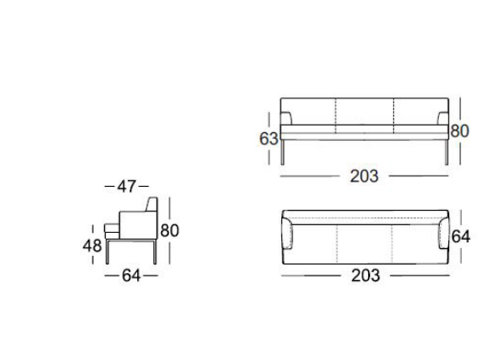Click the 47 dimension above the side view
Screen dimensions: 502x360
tap(126, 186)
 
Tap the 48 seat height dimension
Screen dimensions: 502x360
tap(92, 246)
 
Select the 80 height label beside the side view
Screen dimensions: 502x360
tap(170, 230)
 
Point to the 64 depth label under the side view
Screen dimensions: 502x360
tap(131, 276)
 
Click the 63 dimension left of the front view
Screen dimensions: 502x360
tap(268, 139)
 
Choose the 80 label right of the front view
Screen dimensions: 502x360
tap(459, 131)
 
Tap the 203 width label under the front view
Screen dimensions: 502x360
tap(364, 176)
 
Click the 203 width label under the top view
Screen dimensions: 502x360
tap(366, 276)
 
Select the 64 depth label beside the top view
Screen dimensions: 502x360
tap(461, 237)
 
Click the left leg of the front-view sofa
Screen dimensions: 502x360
tap(282, 152)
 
